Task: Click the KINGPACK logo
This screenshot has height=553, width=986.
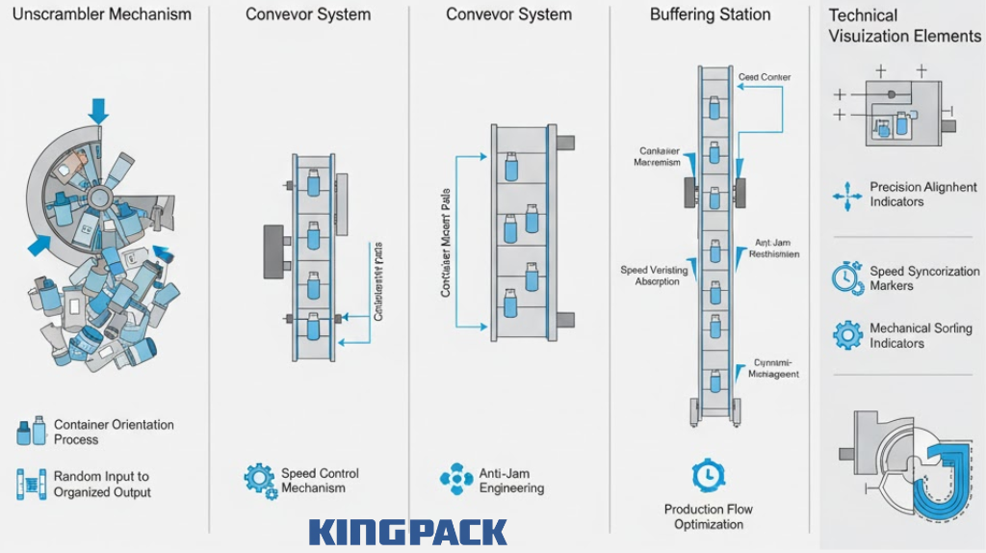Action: click(x=408, y=532)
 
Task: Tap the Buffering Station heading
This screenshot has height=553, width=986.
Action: click(x=710, y=14)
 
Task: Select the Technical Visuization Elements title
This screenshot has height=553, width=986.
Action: click(x=903, y=26)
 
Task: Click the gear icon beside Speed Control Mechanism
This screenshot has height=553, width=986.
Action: click(x=259, y=479)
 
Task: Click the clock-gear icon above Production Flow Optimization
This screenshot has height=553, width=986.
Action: click(x=708, y=475)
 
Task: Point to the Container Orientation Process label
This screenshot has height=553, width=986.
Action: click(x=114, y=432)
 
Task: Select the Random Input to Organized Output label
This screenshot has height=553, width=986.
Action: click(x=102, y=484)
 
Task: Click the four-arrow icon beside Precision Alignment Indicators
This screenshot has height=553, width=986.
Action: click(x=847, y=196)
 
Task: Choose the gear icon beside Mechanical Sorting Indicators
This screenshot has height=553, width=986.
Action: click(x=847, y=334)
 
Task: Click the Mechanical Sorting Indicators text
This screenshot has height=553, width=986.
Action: click(x=921, y=335)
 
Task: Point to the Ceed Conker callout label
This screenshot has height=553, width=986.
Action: click(x=764, y=77)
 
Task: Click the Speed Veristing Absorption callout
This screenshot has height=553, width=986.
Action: click(x=655, y=276)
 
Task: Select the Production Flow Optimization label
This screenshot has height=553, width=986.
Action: click(x=708, y=516)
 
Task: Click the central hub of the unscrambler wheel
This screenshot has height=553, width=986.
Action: click(x=99, y=196)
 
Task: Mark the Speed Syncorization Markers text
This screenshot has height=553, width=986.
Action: click(x=924, y=278)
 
